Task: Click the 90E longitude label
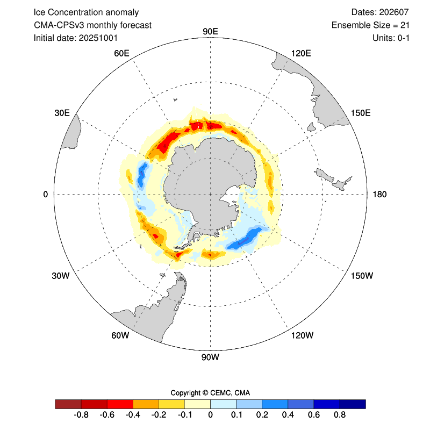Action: pos(210,31)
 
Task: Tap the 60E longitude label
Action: pos(122,53)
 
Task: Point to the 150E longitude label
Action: pos(360,113)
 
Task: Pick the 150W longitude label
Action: pos(362,276)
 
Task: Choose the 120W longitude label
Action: pos(302,336)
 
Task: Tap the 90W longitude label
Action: pos(210,357)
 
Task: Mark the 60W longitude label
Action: pos(120,336)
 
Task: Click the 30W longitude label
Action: pos(61,276)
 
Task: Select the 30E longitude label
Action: pos(62,113)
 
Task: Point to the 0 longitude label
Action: pos(45,194)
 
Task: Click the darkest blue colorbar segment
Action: pos(353,404)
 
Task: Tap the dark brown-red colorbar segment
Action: pos(68,404)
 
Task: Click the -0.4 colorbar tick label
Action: pos(133,415)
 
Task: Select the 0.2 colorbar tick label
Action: pos(262,415)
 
